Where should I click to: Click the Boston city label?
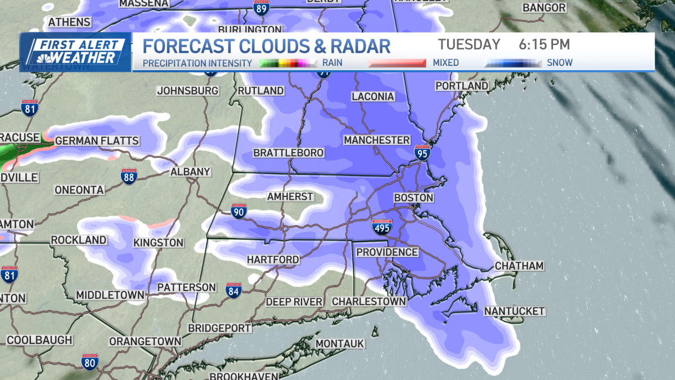pyautogui.click(x=413, y=198)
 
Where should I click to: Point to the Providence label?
pyautogui.click(x=387, y=252)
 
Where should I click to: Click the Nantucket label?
pyautogui.click(x=514, y=311)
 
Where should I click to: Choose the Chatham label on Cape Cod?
pyautogui.click(x=519, y=266)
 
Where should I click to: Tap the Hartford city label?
pyautogui.click(x=273, y=260)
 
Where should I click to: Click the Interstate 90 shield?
pyautogui.click(x=238, y=212)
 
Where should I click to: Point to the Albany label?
pyautogui.click(x=190, y=172)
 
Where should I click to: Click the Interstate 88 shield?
pyautogui.click(x=129, y=177)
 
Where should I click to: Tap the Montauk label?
pyautogui.click(x=340, y=343)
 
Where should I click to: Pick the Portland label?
pyautogui.click(x=462, y=86)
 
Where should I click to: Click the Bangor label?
pyautogui.click(x=543, y=8)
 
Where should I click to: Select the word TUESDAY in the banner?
pyautogui.click(x=469, y=44)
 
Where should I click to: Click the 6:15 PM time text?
pyautogui.click(x=544, y=44)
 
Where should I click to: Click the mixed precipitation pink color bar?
pyautogui.click(x=396, y=63)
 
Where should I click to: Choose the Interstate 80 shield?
pyautogui.click(x=89, y=363)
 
